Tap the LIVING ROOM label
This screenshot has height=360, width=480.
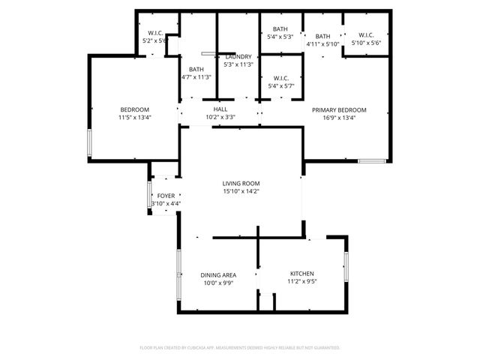241,183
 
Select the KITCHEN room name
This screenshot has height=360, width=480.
302,274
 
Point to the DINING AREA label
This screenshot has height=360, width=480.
218,275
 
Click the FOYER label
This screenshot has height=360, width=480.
166,196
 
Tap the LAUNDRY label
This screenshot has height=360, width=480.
239,56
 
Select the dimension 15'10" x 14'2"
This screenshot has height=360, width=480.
241,190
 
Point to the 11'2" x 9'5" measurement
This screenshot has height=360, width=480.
302,282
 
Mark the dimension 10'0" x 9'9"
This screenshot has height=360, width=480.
218,283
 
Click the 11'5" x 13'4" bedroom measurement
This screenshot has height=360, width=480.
134,117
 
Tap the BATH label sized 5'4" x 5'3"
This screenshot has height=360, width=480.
281,28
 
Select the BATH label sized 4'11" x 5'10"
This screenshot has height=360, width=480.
323,36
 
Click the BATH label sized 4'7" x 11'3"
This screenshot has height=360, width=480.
196,69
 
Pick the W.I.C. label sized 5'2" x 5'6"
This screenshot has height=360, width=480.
156,33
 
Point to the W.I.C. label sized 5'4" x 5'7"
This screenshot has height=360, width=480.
281,78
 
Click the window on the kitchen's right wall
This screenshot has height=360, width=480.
346,266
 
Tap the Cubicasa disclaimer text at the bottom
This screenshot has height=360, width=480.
240,348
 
